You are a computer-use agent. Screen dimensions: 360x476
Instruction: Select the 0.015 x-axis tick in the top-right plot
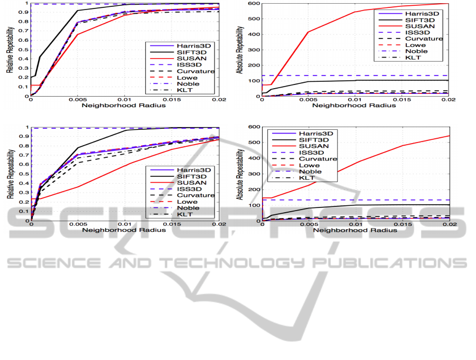pos(402,100)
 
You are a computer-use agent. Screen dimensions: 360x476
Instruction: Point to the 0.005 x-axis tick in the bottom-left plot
pos(78,224)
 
